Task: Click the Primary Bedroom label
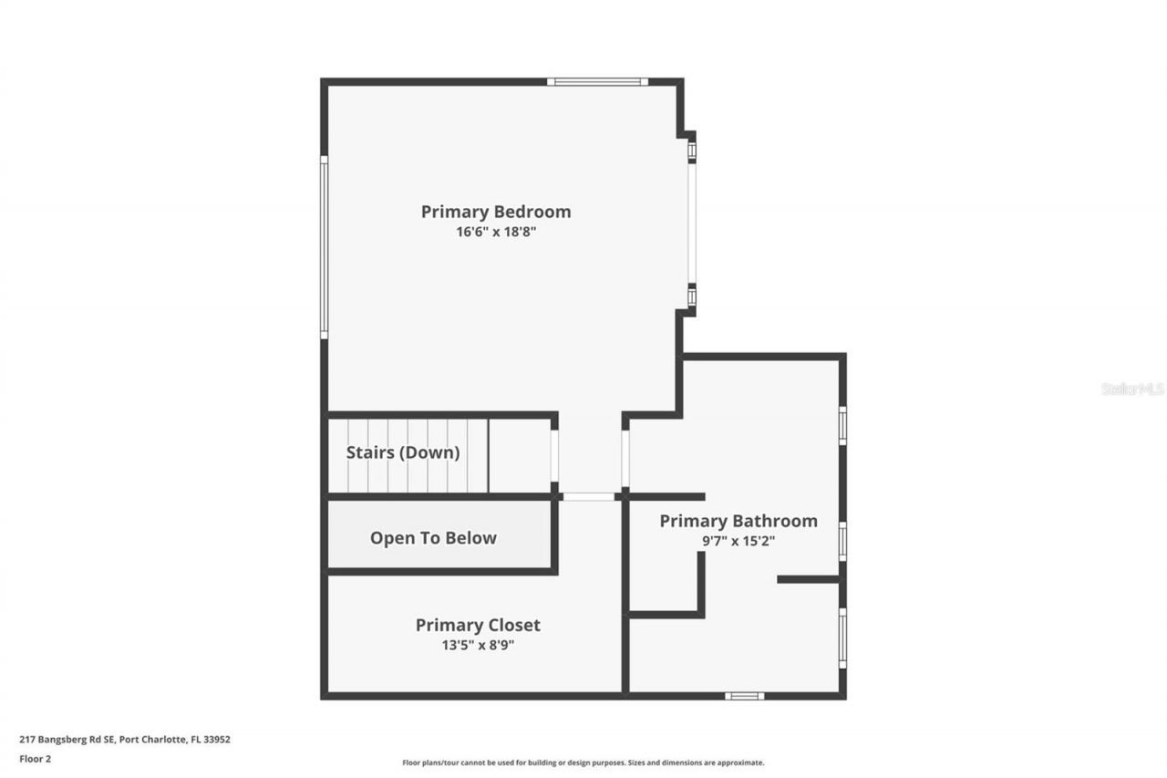tap(496, 212)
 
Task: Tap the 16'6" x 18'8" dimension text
tap(496, 232)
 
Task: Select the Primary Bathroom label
tap(738, 521)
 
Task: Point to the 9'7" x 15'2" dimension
tap(738, 540)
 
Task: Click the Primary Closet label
tap(478, 625)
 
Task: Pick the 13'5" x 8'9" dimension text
tap(478, 645)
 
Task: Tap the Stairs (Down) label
tap(403, 452)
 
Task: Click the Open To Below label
tap(433, 538)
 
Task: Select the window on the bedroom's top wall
tap(597, 82)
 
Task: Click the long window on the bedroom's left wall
tap(324, 247)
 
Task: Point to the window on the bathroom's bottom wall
tap(744, 696)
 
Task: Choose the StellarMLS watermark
tap(1132, 389)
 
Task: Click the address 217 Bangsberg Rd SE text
tap(125, 740)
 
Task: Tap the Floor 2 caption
tap(36, 758)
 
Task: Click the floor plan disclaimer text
tap(583, 762)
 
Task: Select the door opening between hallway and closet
tap(588, 497)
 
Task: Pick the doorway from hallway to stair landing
tap(554, 456)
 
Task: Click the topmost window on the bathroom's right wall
tap(842, 425)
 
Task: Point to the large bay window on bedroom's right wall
tap(692, 223)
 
